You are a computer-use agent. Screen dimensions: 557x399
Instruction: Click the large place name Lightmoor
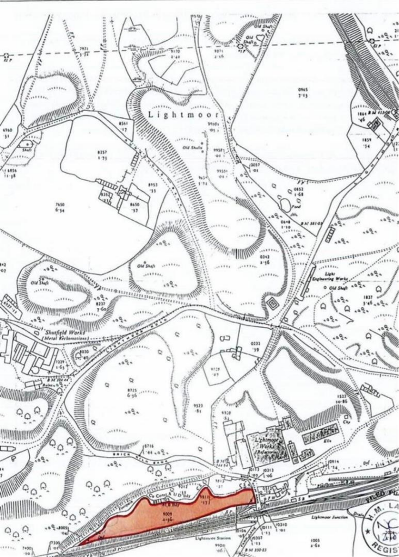tap(183, 115)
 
